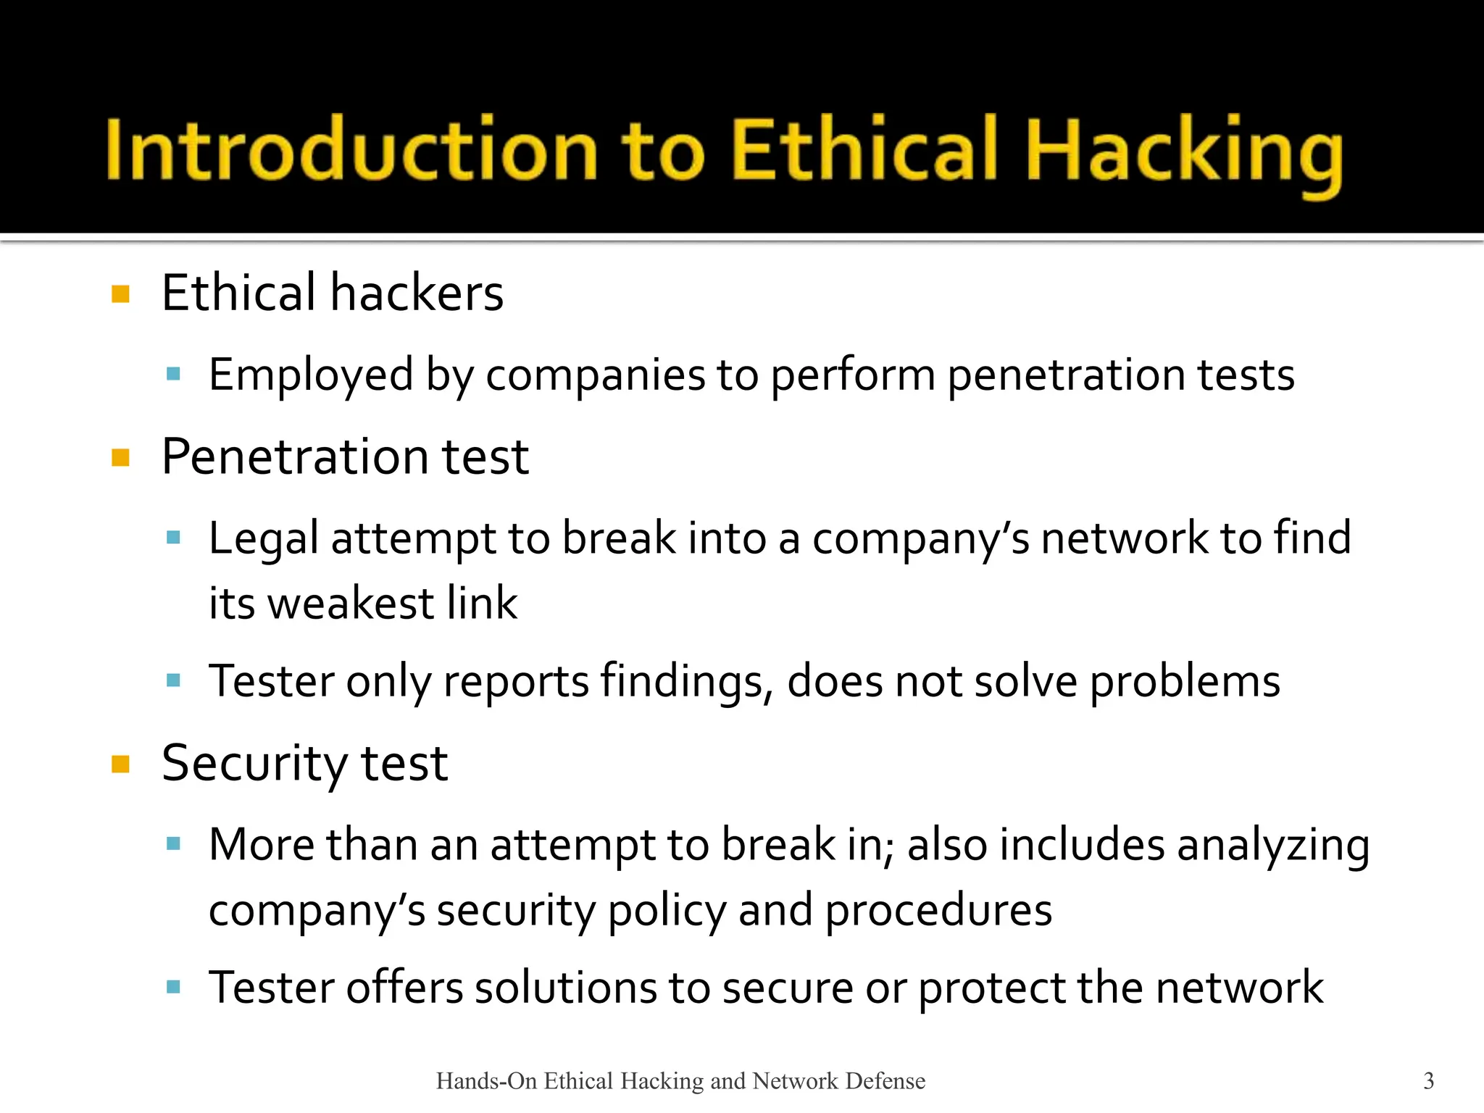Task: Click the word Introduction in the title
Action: tap(351, 150)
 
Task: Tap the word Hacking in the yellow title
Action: tap(1184, 152)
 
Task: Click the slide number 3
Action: tap(1428, 1080)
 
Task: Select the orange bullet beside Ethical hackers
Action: tap(120, 293)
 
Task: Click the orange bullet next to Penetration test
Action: tap(120, 457)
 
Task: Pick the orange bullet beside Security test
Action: tap(120, 764)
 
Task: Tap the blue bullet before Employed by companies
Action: tap(172, 374)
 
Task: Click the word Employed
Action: tap(311, 375)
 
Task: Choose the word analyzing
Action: tap(1273, 846)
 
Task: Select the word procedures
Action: tap(938, 911)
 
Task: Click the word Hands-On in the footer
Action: tap(486, 1081)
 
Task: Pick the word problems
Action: tap(1185, 682)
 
